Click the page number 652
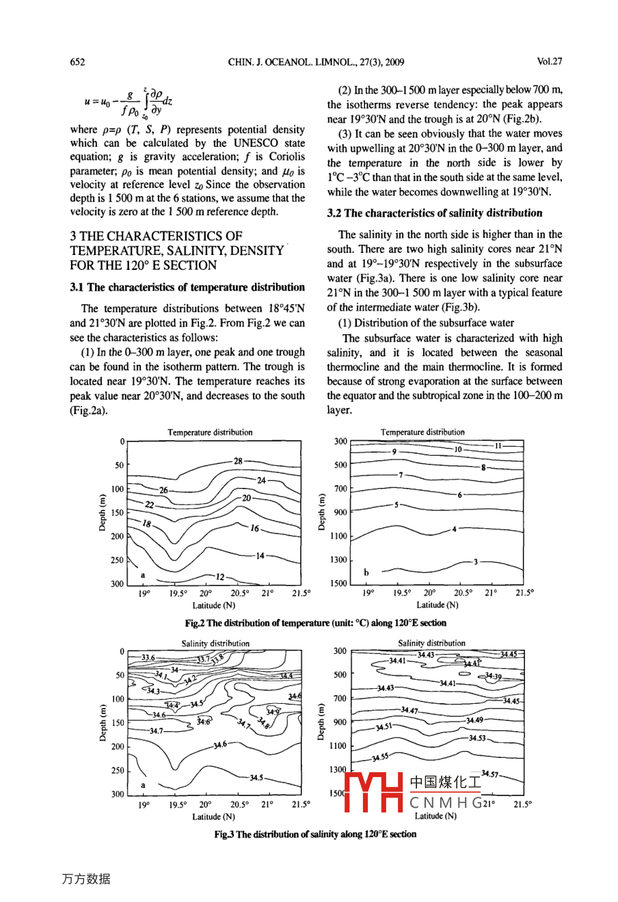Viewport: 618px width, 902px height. point(77,62)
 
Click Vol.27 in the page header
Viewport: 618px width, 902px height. point(549,61)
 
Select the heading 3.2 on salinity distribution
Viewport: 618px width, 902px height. point(434,213)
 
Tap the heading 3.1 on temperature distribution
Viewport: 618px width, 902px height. point(187,287)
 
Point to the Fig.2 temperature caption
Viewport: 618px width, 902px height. point(315,623)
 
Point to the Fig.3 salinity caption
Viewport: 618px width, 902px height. point(315,834)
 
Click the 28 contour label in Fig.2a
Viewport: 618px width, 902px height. point(238,461)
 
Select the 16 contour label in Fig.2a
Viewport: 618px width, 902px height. point(254,528)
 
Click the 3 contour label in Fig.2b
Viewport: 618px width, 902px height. point(476,562)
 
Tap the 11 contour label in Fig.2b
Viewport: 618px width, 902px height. point(498,446)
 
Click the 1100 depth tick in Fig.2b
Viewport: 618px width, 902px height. point(338,536)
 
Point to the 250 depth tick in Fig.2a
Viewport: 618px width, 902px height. point(118,560)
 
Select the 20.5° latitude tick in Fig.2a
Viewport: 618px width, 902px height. point(239,594)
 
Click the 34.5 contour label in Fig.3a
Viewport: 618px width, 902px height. point(256,778)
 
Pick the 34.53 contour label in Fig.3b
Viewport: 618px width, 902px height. point(477,738)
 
